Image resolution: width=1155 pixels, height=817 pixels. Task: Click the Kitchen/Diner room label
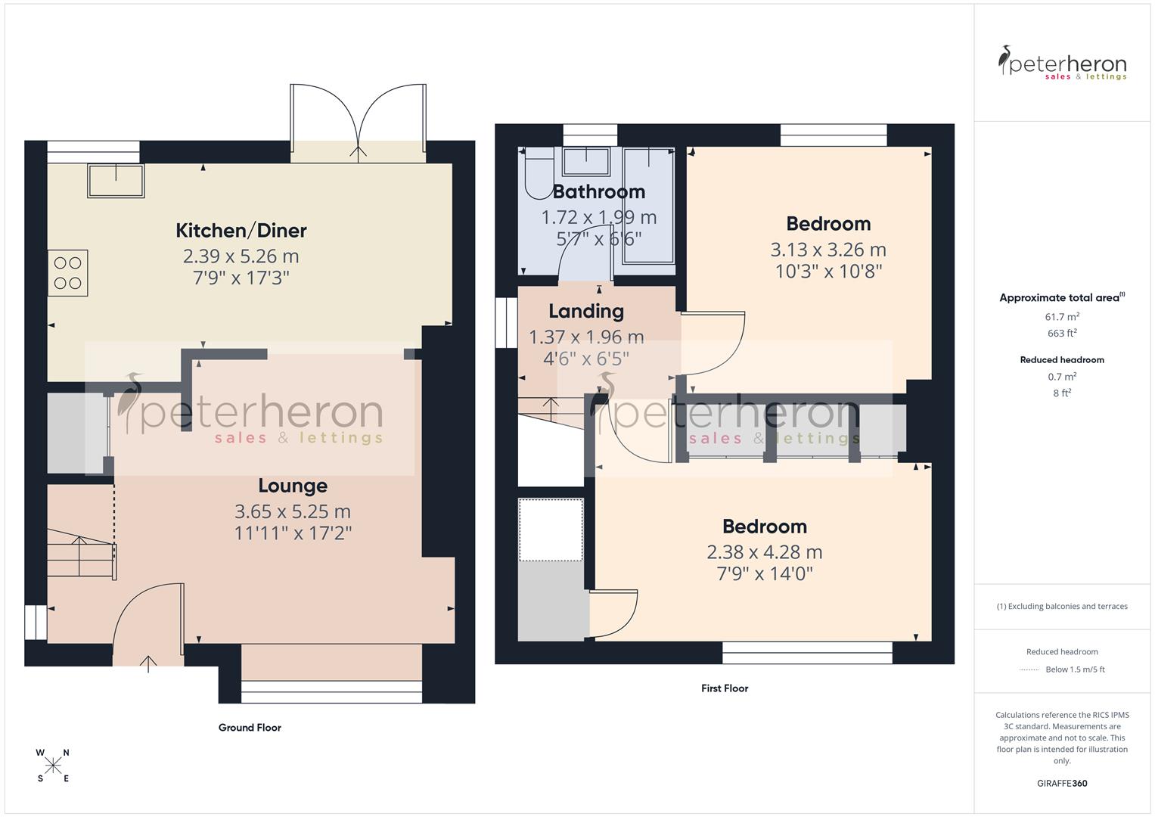pos(241,230)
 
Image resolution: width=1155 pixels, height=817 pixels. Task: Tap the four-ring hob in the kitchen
pos(67,273)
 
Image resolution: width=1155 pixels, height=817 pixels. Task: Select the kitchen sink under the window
pos(116,181)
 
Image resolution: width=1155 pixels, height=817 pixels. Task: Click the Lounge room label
pos(293,486)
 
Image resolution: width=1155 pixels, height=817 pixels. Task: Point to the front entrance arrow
pos(148,663)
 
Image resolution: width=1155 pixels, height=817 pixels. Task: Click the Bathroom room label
pos(598,191)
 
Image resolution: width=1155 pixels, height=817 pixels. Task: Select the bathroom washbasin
pos(587,160)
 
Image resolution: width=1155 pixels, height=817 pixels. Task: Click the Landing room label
pos(586,311)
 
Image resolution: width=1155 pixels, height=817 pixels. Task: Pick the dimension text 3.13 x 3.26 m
pos(828,250)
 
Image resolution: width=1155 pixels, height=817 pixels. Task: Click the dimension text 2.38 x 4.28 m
pos(764,552)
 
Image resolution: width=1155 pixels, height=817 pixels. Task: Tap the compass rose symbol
pos(53,766)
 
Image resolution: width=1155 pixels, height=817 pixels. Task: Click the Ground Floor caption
pos(250,728)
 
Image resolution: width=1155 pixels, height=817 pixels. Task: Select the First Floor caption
pos(724,688)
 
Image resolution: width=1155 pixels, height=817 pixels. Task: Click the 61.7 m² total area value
pos(1062,317)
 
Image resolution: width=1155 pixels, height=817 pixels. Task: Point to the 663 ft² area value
pos(1062,334)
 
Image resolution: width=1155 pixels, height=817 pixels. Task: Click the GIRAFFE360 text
pos(1062,784)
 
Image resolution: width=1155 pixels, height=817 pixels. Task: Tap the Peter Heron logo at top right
pos(1062,63)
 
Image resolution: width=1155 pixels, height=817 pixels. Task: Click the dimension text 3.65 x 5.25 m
pos(293,511)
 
